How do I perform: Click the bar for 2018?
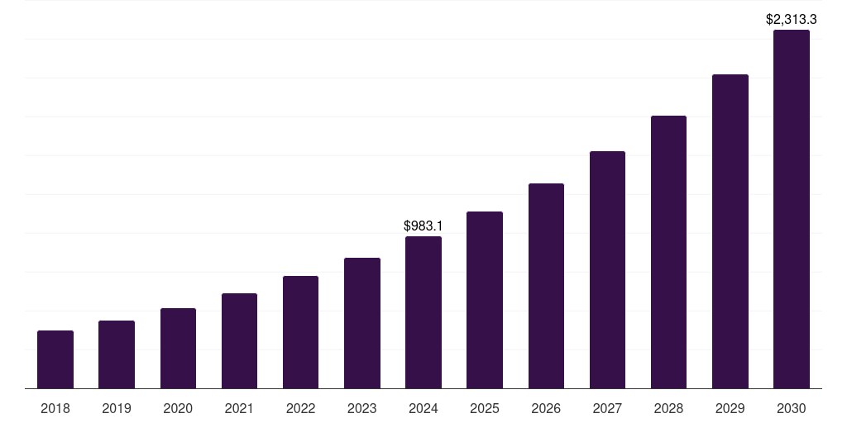[55, 359]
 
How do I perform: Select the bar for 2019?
[117, 354]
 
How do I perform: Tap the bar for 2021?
[239, 340]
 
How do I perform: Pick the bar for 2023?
[362, 323]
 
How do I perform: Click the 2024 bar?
[423, 312]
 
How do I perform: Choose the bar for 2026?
[546, 286]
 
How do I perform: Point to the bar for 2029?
[730, 231]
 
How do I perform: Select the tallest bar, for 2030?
[792, 209]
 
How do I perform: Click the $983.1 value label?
[423, 226]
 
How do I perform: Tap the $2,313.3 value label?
[792, 19]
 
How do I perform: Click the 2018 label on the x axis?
[55, 408]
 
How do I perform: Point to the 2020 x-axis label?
[178, 408]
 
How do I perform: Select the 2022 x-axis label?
[300, 408]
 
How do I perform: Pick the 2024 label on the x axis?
[423, 408]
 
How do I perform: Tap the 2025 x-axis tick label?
[485, 408]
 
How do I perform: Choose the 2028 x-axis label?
[668, 408]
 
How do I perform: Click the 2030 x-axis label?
[792, 408]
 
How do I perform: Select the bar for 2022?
[300, 332]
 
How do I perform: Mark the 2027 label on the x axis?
[607, 408]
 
